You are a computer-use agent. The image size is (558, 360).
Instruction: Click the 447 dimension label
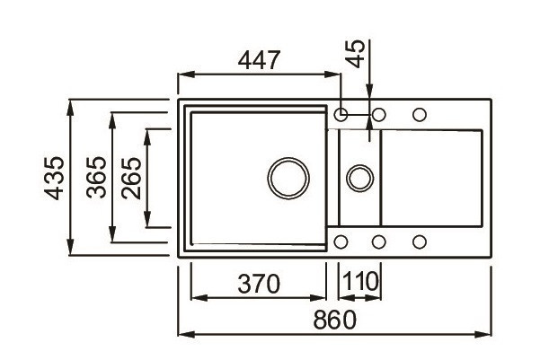click(x=261, y=60)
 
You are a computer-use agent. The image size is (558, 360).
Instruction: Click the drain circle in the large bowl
click(x=288, y=176)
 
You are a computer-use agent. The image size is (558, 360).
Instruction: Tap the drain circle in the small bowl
click(x=360, y=176)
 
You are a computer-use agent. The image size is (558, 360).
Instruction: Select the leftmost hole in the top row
click(x=341, y=115)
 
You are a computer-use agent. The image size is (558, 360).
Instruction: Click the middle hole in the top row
click(x=379, y=115)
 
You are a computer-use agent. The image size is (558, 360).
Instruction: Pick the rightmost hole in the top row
click(x=419, y=115)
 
